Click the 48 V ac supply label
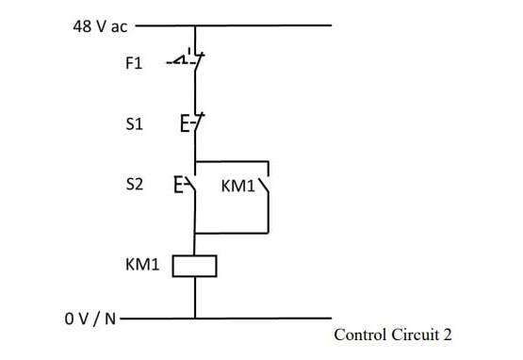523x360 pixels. point(100,26)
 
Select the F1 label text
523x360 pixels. point(133,64)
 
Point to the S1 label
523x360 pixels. point(133,123)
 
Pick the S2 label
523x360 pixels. point(134,185)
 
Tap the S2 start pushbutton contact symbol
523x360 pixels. point(188,184)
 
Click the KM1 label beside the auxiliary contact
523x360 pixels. point(237,186)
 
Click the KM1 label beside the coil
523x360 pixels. point(142,266)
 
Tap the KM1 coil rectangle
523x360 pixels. point(195,267)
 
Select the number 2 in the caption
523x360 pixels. point(449,335)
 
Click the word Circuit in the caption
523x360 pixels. point(413,335)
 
